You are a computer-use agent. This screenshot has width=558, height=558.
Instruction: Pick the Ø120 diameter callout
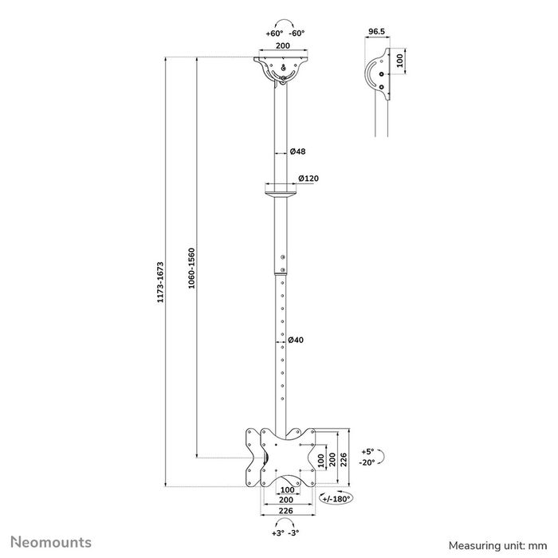308,179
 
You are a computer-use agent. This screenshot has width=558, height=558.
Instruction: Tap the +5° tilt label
367,450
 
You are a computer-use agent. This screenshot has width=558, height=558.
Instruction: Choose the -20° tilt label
367,462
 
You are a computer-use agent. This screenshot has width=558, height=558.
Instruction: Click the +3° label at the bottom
277,532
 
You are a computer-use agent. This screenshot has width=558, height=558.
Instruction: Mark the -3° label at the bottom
295,532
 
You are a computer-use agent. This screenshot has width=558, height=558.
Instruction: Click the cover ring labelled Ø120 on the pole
278,191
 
